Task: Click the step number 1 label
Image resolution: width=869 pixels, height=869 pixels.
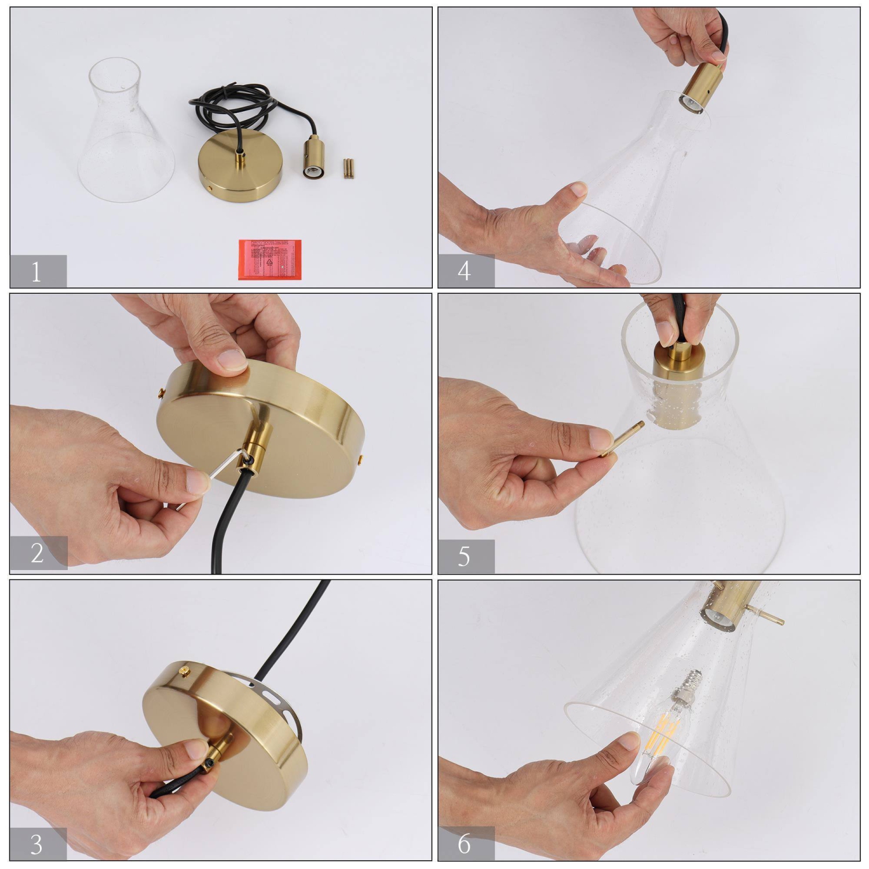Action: (x=37, y=271)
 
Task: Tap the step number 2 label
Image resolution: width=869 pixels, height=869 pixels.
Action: (x=37, y=553)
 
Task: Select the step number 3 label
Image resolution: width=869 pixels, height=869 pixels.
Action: (x=37, y=844)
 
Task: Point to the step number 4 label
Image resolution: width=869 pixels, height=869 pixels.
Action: (x=465, y=271)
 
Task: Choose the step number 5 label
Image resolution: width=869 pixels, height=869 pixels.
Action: (x=465, y=556)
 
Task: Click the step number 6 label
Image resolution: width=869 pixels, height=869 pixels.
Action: (x=465, y=844)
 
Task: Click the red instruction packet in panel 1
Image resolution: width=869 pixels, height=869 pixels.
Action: (x=269, y=259)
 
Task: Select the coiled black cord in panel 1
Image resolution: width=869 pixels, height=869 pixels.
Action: (x=232, y=110)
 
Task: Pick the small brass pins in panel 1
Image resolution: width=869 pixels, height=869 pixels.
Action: (x=348, y=168)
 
